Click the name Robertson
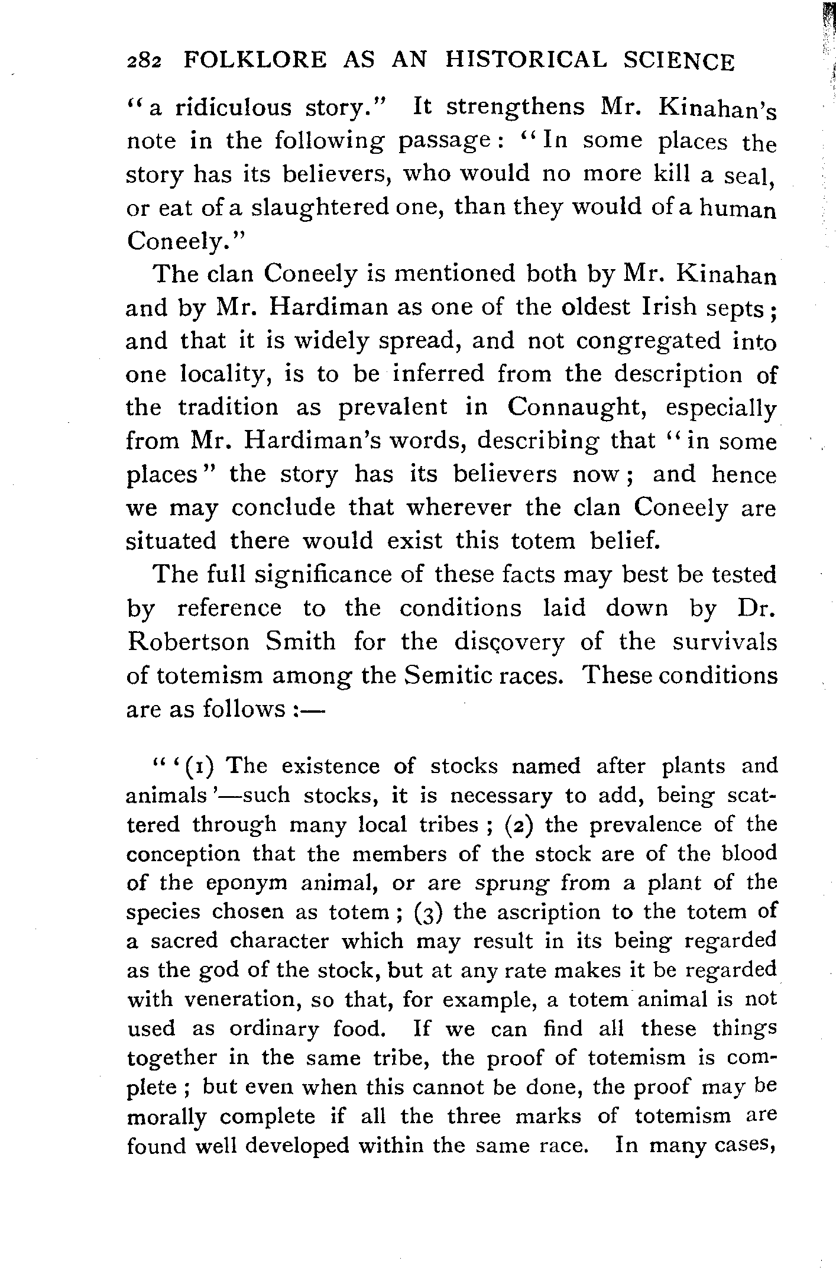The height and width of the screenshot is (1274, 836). click(188, 642)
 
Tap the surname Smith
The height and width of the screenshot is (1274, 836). click(301, 642)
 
